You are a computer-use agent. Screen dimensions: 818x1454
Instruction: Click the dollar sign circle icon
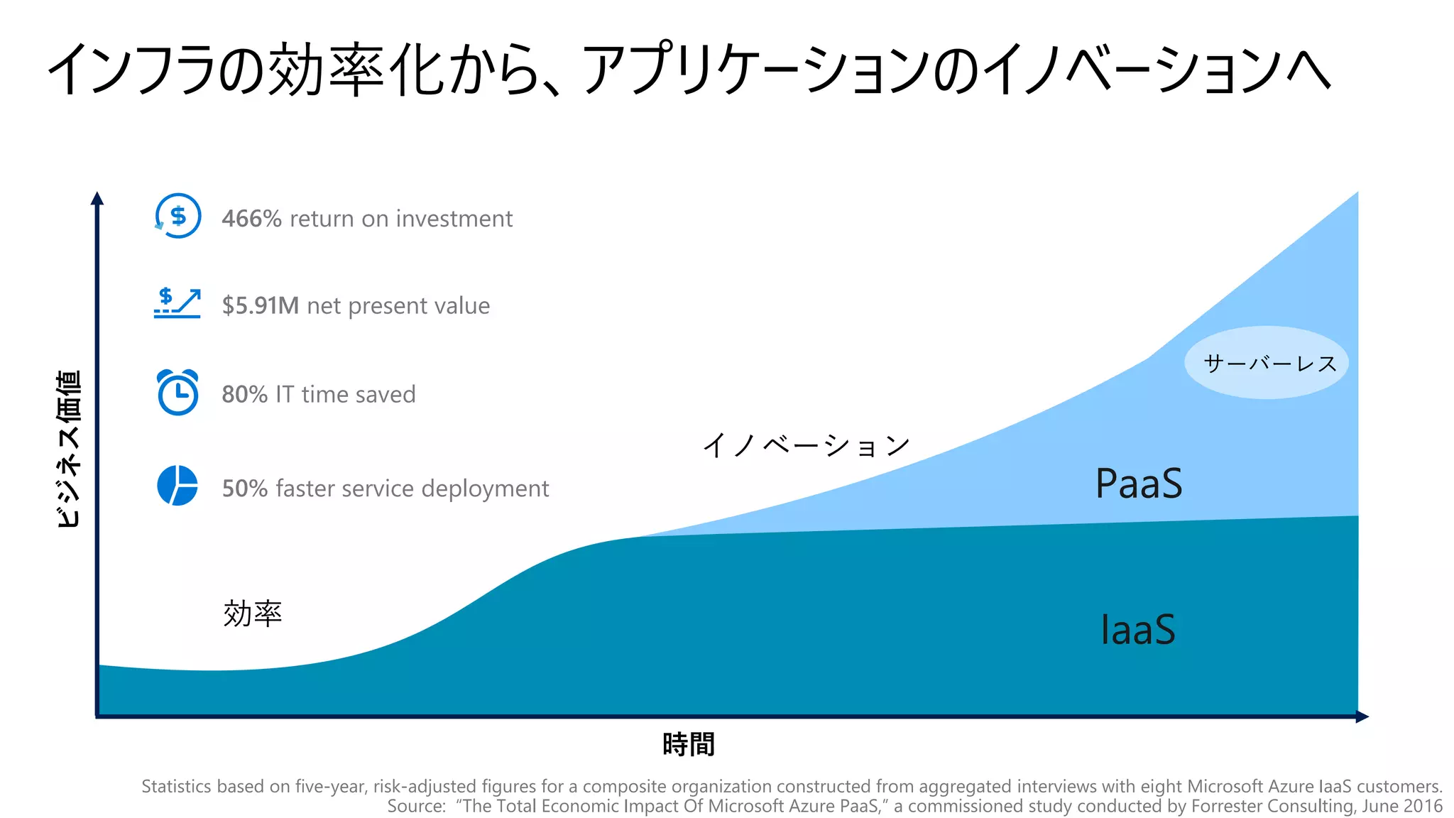pos(177,216)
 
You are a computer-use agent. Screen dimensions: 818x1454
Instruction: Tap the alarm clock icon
pos(177,392)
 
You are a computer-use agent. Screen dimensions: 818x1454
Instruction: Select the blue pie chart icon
pos(177,486)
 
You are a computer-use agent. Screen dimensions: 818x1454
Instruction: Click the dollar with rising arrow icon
pos(177,302)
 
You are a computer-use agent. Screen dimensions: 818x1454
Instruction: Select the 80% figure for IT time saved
pos(244,394)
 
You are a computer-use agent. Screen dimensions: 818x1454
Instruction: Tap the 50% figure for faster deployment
pos(244,489)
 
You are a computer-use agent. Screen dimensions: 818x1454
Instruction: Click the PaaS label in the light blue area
pos(1138,484)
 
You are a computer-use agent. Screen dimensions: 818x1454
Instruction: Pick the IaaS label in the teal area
pos(1137,630)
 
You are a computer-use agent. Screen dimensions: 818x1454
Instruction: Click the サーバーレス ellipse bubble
pos(1267,363)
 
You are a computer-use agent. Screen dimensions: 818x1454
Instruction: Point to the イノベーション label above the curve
pos(807,445)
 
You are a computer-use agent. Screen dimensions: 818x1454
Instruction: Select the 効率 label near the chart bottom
pos(252,613)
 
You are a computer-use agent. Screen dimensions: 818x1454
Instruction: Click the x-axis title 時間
pos(688,744)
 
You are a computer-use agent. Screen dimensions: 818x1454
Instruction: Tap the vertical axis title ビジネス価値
pos(69,449)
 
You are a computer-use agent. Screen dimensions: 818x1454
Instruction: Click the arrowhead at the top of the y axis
pos(97,197)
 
